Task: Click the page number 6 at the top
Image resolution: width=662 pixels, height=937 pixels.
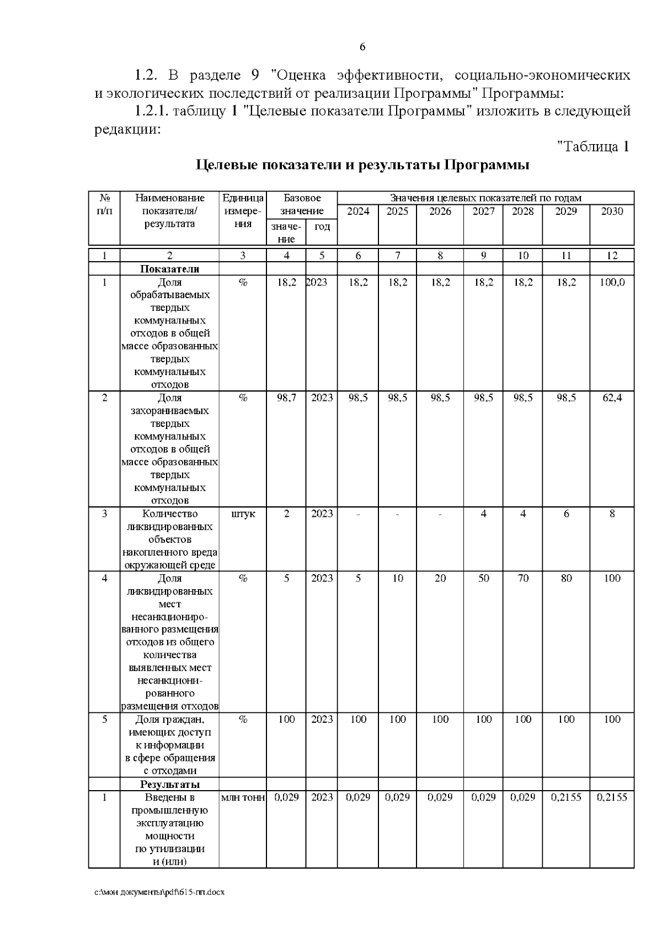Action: (x=362, y=47)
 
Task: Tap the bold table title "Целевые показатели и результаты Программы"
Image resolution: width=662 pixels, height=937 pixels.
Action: (x=362, y=165)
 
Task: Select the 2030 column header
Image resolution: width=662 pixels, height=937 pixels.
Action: (x=611, y=211)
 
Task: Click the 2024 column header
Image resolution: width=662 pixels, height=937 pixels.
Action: (x=357, y=211)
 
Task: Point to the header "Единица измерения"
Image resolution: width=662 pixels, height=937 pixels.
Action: (x=243, y=211)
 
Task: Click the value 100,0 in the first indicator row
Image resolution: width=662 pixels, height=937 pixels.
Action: (x=612, y=283)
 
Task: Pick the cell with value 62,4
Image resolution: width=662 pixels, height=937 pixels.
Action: (x=612, y=398)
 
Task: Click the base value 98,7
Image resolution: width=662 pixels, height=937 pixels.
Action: (x=286, y=398)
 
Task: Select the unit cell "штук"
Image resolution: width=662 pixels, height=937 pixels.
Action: (x=243, y=514)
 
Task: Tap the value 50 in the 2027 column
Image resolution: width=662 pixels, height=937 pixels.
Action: (x=483, y=579)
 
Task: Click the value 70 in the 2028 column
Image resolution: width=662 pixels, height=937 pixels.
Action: (x=522, y=579)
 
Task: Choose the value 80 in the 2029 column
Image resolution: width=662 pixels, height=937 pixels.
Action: (x=566, y=579)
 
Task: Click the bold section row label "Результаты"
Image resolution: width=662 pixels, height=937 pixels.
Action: (x=170, y=785)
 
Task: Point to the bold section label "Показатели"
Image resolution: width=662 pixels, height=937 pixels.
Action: (x=170, y=269)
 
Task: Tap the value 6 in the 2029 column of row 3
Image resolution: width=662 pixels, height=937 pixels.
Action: (x=566, y=514)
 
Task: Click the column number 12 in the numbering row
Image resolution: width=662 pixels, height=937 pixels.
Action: (x=612, y=256)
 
